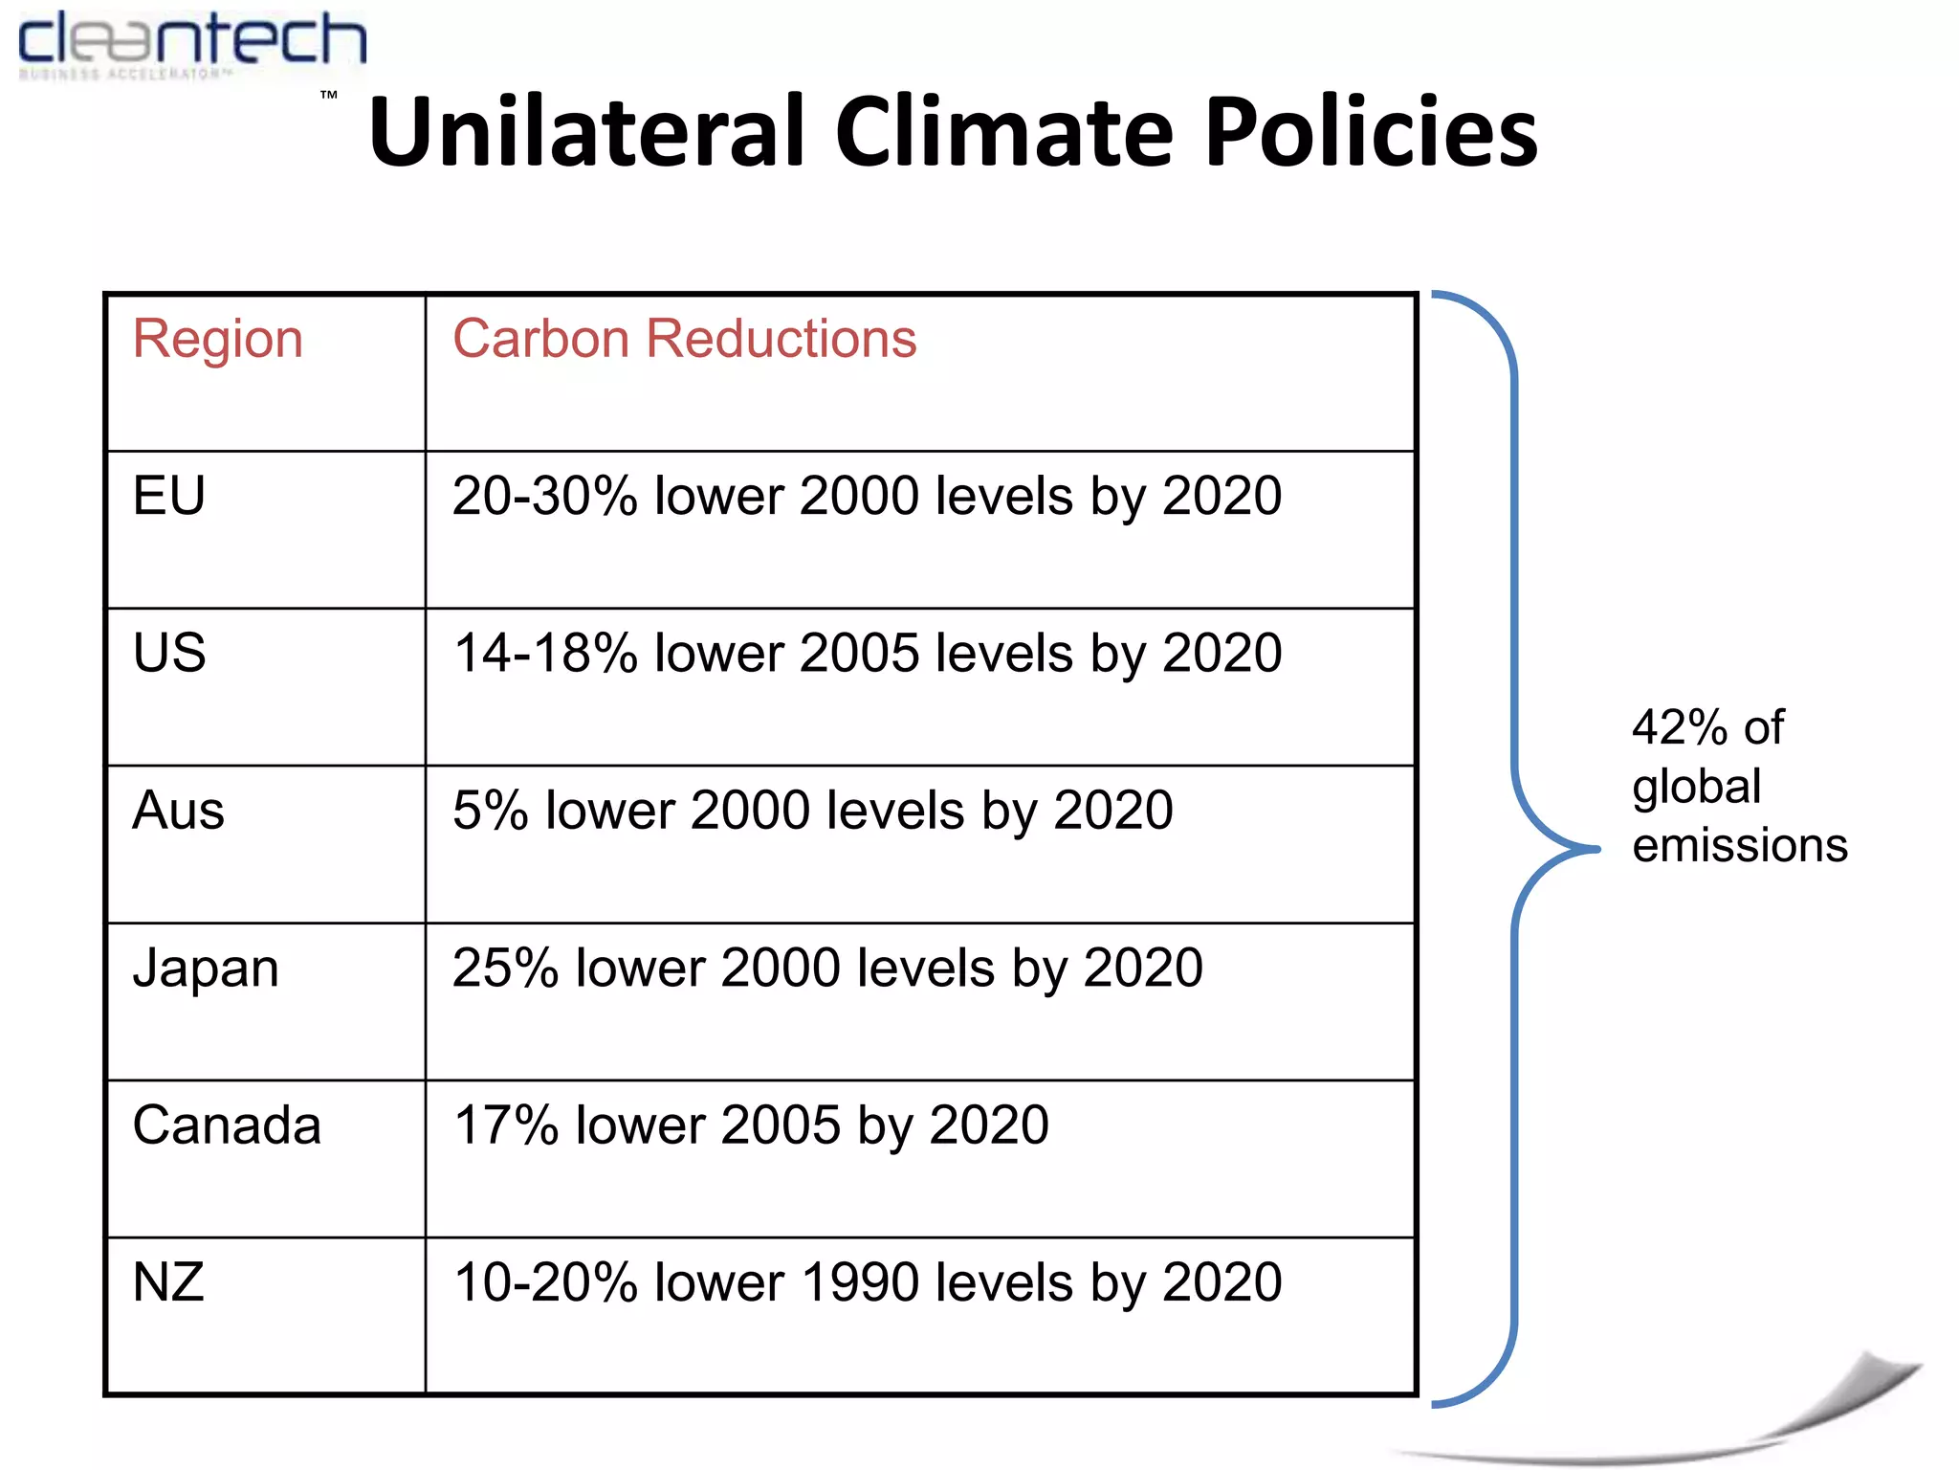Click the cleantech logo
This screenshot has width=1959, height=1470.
coord(191,43)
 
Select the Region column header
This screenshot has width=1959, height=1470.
coord(218,340)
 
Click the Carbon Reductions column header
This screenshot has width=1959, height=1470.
coord(684,340)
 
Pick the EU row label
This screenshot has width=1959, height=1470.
coord(169,497)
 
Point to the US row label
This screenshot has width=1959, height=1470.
coord(169,654)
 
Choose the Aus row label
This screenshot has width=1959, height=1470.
coord(178,811)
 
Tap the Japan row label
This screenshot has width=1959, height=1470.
coord(206,969)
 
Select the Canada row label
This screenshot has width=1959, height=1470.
coord(227,1125)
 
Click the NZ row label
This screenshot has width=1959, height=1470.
coord(168,1282)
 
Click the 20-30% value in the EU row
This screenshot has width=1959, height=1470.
coord(544,497)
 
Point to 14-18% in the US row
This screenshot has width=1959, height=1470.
coord(544,654)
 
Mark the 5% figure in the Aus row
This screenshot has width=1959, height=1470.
coord(490,811)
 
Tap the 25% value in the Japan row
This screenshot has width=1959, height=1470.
coord(505,969)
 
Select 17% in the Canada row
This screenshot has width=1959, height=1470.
coord(505,1125)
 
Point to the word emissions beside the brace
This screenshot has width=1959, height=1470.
coord(1739,846)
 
